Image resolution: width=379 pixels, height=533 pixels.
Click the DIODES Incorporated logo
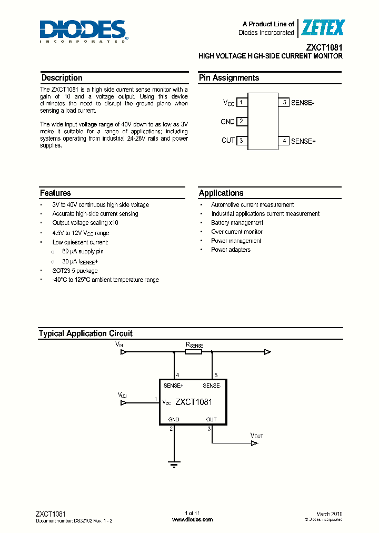83,31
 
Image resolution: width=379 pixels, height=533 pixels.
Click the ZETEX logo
322,28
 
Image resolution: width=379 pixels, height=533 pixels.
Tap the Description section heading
62,78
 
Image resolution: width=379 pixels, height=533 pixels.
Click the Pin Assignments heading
229,78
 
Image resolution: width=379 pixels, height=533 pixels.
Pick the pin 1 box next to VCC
241,103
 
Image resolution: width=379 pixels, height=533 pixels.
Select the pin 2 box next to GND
241,122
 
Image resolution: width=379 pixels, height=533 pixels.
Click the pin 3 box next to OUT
241,141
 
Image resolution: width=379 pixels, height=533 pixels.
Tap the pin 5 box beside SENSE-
284,103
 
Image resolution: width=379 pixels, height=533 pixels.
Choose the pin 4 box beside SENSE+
284,141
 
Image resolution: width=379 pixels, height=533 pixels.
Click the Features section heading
55,193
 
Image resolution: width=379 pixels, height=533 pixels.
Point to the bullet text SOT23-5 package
75,271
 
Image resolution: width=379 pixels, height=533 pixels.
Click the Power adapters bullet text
231,250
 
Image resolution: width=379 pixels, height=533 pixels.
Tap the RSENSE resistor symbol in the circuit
193,352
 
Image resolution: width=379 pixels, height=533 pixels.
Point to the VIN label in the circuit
119,344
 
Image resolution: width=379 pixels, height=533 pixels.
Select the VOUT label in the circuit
256,436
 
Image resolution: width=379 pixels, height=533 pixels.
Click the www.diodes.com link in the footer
193,520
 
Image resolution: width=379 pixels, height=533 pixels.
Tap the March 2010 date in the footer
329,514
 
